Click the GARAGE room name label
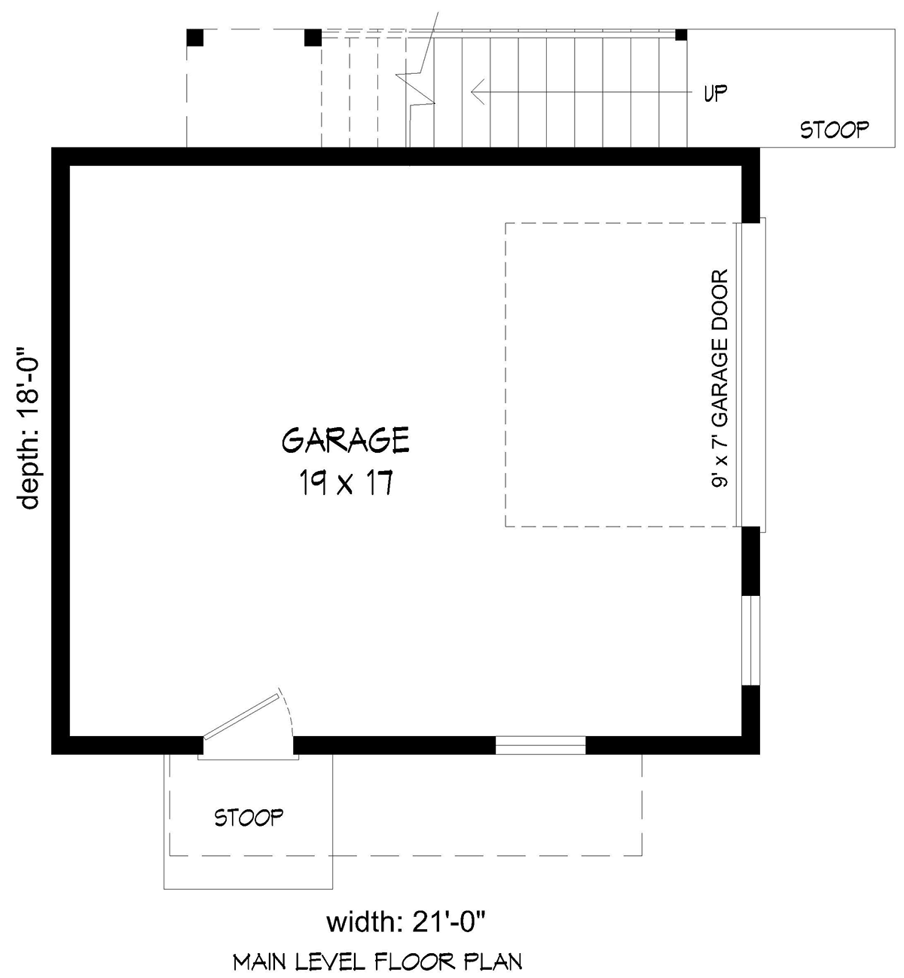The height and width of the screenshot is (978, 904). pyautogui.click(x=346, y=440)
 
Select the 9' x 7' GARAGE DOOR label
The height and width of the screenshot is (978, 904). pyautogui.click(x=721, y=380)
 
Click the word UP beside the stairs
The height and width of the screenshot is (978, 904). pyautogui.click(x=715, y=93)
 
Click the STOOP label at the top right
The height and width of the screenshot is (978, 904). pyautogui.click(x=834, y=130)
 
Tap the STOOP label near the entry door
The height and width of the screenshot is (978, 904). pyautogui.click(x=249, y=817)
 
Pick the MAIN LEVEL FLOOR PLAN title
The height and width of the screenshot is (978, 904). pyautogui.click(x=377, y=961)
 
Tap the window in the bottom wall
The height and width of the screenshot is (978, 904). pyautogui.click(x=540, y=744)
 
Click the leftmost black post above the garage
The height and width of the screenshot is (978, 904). pyautogui.click(x=195, y=38)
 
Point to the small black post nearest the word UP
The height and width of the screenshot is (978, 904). pyautogui.click(x=681, y=35)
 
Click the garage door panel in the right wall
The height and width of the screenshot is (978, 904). pyautogui.click(x=752, y=374)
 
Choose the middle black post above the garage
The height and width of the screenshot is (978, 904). pyautogui.click(x=313, y=38)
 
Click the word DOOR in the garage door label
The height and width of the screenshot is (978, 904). pyautogui.click(x=721, y=298)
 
